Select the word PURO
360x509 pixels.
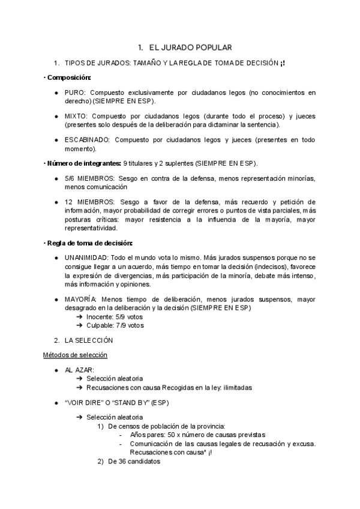coord(74,94)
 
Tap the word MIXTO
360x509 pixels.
coord(76,116)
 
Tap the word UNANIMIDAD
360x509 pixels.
coord(86,256)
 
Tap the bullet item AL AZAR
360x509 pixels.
coord(79,370)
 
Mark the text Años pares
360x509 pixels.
coord(148,435)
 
